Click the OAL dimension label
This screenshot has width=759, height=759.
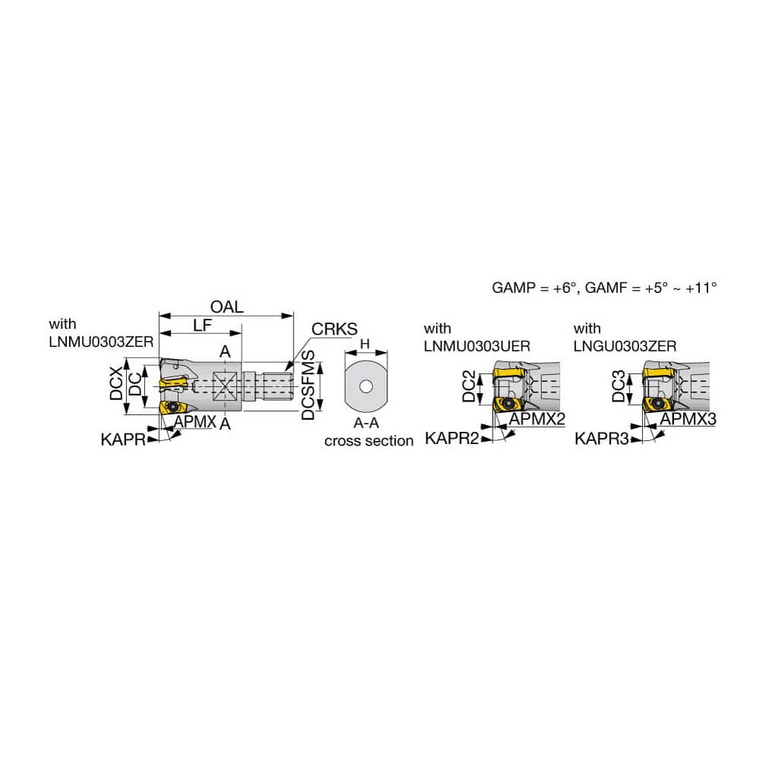click(228, 307)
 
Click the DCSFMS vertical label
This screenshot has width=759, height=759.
click(308, 386)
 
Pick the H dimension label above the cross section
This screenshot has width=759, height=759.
click(364, 345)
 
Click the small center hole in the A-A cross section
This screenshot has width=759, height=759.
click(366, 387)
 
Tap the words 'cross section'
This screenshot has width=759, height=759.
click(369, 441)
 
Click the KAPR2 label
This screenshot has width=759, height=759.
click(452, 438)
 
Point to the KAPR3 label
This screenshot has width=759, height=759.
click(602, 438)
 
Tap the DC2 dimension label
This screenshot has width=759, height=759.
click(471, 387)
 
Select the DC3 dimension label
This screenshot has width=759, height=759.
click(621, 387)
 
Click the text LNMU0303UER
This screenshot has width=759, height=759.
click(477, 345)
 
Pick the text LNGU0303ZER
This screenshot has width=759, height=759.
click(625, 345)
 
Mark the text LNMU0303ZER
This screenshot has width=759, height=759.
click(101, 342)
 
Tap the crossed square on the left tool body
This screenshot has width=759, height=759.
click(225, 386)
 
